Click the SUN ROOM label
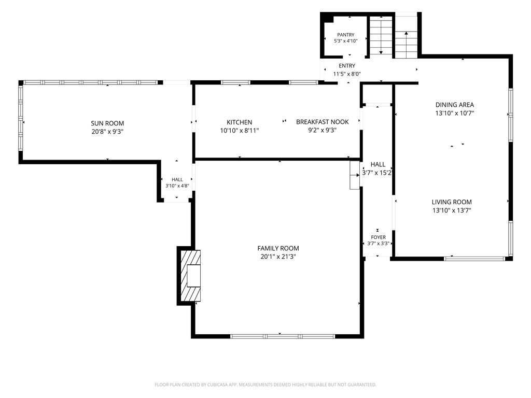[107, 123]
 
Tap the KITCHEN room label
[240, 122]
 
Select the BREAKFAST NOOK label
[323, 122]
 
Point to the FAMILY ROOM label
[278, 248]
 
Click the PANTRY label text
[346, 35]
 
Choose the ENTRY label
[347, 66]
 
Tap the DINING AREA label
[454, 105]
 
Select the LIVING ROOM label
[452, 202]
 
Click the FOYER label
[378, 237]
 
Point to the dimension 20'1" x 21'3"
[278, 257]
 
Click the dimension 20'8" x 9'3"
[107, 132]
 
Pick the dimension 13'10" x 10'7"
[454, 113]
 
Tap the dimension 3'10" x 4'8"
[177, 186]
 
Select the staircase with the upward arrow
[406, 36]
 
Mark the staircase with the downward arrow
[381, 36]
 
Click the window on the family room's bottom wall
[283, 336]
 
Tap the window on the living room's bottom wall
[474, 259]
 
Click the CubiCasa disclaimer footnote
[265, 385]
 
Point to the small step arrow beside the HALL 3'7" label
[355, 175]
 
